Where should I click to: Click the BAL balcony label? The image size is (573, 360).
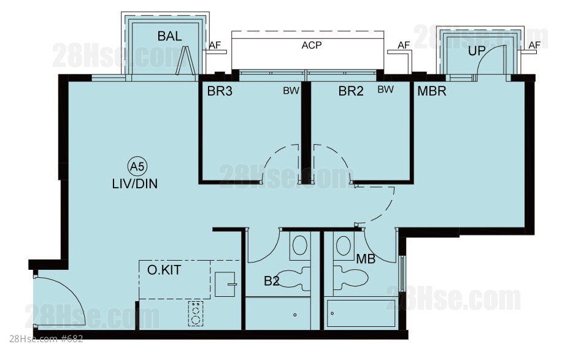tap(169, 36)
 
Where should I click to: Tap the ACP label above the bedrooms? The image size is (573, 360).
tap(312, 45)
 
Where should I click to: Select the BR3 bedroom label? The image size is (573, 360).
tap(220, 91)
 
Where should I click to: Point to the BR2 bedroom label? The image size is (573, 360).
tap(351, 91)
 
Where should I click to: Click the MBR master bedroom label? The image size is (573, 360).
tap(432, 91)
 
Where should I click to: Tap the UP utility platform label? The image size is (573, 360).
tap(477, 51)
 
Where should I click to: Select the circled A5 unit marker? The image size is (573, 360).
tap(137, 167)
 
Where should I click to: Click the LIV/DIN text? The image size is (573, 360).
tap(135, 184)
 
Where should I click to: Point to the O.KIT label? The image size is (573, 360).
tap(164, 270)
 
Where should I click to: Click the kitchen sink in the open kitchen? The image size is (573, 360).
tap(225, 285)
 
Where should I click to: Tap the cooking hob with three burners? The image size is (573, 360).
tap(196, 313)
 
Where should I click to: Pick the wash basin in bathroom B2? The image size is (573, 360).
tap(299, 245)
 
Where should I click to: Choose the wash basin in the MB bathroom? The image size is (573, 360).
tap(343, 245)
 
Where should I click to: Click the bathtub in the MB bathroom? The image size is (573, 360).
tap(361, 313)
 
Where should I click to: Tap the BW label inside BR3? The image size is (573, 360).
tap(291, 91)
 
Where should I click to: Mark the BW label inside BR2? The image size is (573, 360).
tap(385, 90)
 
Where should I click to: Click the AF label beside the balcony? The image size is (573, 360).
tap(215, 45)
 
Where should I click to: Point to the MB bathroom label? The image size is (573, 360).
tap(366, 259)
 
